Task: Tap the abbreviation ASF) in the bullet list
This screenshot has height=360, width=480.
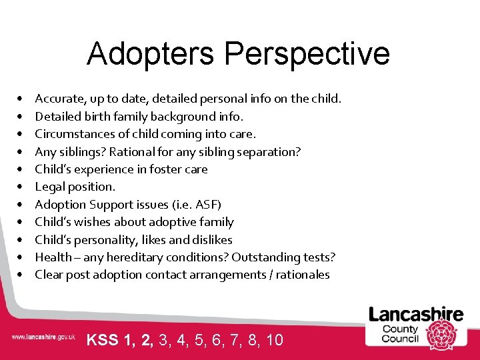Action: point(208,205)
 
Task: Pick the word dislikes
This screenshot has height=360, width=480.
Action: point(211,239)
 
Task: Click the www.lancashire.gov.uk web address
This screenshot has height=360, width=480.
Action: point(43,337)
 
